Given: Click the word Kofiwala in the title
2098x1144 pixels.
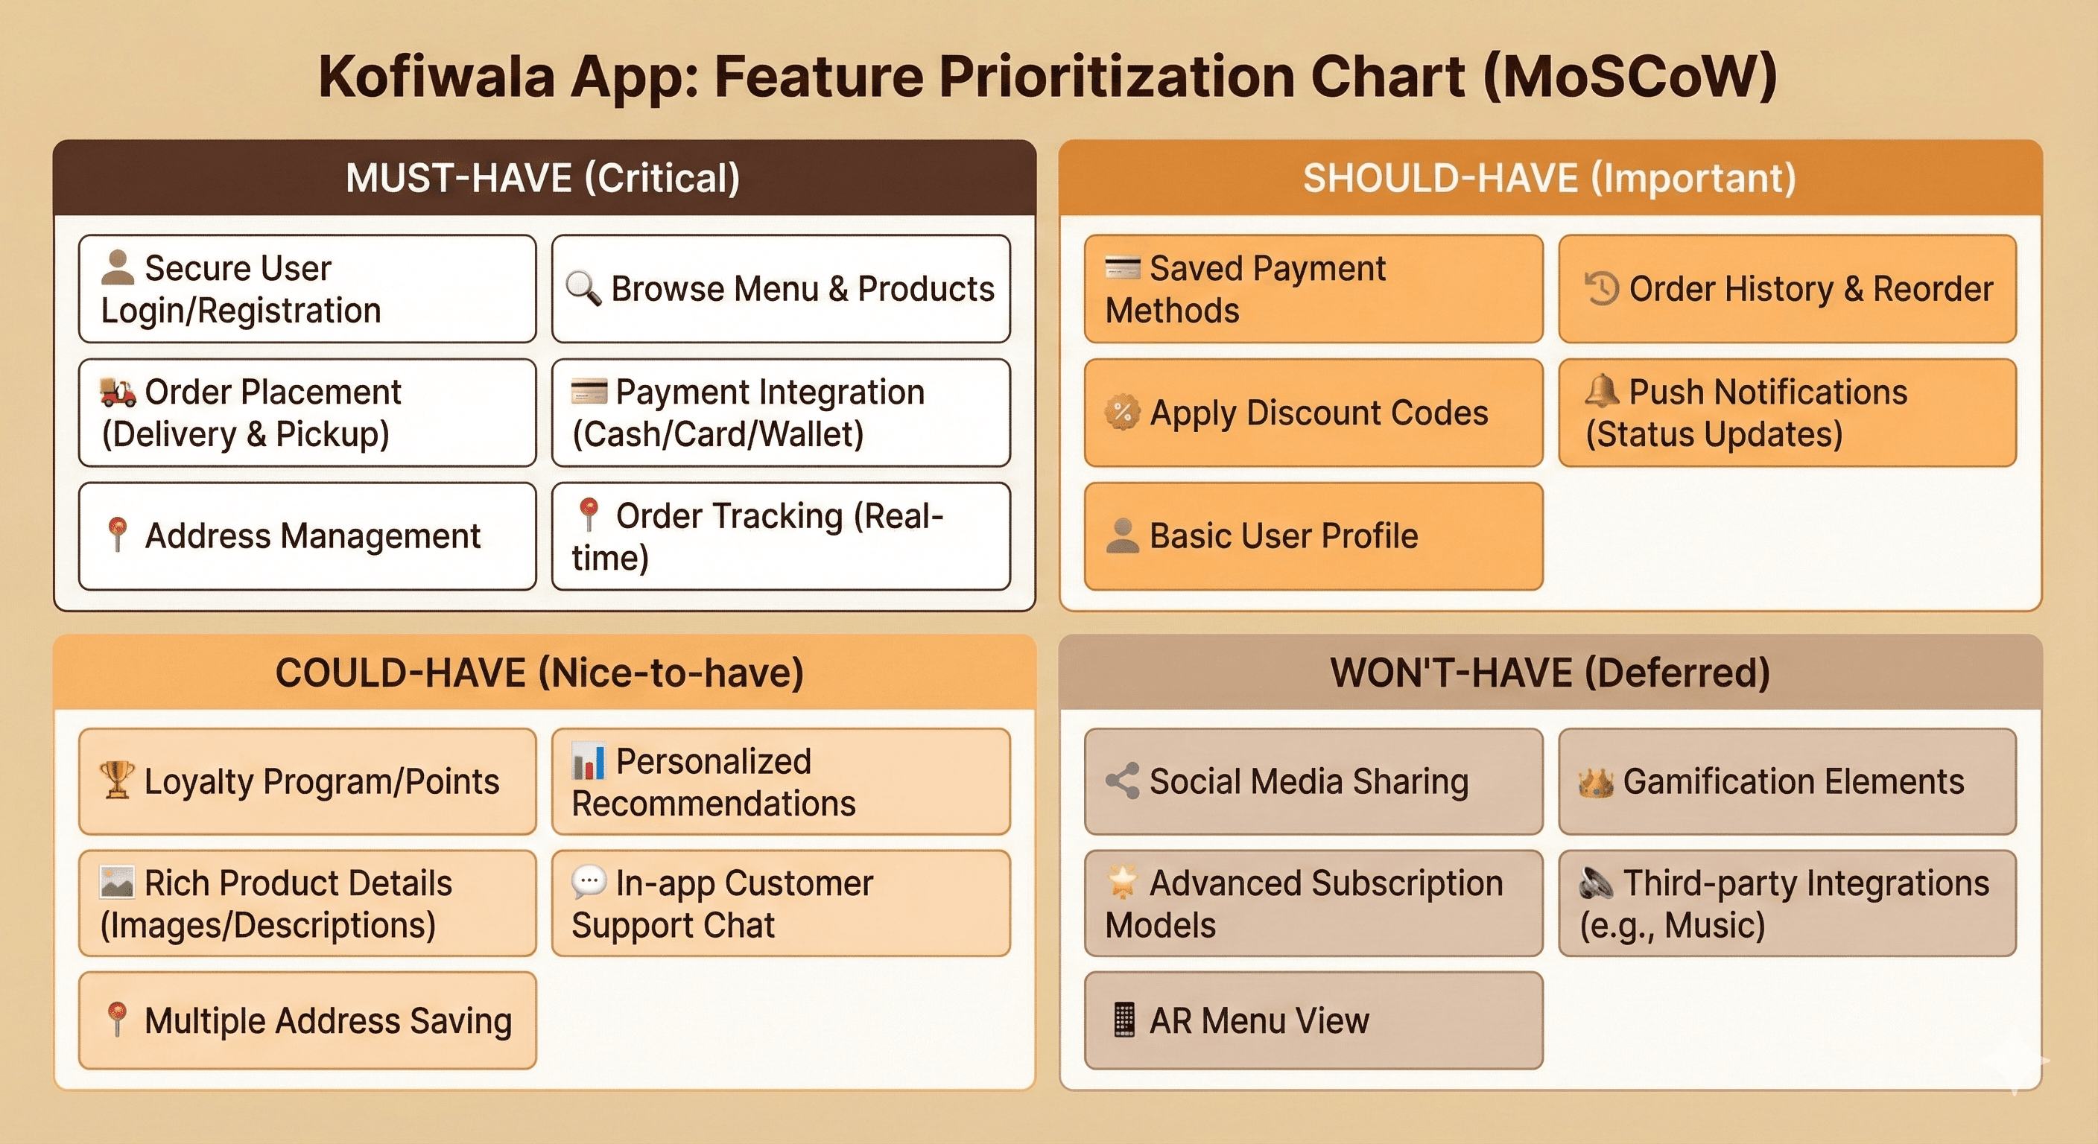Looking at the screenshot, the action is tap(436, 77).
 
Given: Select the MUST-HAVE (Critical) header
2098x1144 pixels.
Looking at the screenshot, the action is tap(543, 177).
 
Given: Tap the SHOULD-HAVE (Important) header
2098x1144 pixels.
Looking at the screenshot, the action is tap(1549, 177).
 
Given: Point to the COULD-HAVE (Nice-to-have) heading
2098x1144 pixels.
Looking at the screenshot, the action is tap(540, 673).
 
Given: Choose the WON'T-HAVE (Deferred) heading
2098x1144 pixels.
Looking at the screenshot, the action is tap(1550, 673).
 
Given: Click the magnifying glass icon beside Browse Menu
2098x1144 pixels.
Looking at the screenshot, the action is tap(583, 287).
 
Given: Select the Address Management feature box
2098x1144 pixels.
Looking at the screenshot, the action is tap(307, 536).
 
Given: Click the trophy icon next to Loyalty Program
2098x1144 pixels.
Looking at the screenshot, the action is tap(116, 780).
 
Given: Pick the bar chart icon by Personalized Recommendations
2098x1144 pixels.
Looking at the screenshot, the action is tap(588, 760).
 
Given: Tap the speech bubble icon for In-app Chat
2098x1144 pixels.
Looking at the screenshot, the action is tap(589, 882).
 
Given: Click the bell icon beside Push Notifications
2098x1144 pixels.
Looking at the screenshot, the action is tap(1601, 391).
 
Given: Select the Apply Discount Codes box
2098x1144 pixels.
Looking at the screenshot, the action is tap(1313, 413).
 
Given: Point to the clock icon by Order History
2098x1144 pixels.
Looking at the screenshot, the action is tap(1601, 288).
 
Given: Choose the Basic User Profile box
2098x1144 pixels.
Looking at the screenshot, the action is tap(1313, 536).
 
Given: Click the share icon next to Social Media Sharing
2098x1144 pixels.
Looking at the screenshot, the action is tap(1122, 781).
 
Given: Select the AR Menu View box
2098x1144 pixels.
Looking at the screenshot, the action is tap(1313, 1020).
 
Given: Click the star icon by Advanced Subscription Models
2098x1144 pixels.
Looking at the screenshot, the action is tap(1122, 882).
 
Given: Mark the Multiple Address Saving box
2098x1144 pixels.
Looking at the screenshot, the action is tap(307, 1020).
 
